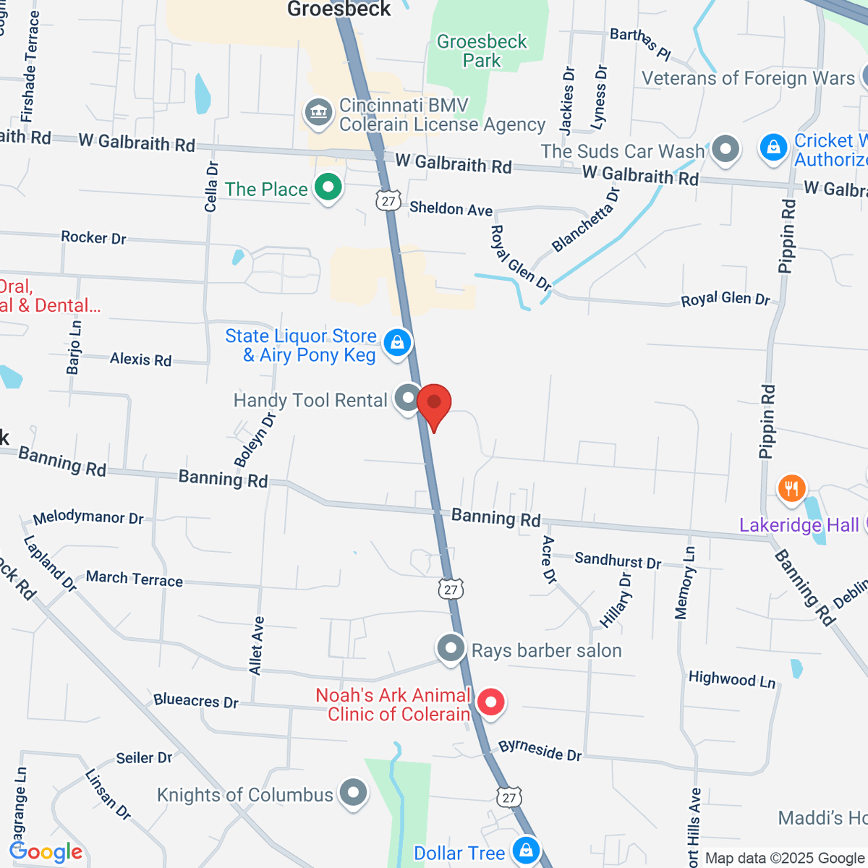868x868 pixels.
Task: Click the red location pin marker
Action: pyautogui.click(x=434, y=403)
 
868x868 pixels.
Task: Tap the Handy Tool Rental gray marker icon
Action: pyautogui.click(x=409, y=399)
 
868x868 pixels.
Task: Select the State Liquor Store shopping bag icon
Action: pyautogui.click(x=397, y=343)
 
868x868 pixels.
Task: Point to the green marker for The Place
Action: pyautogui.click(x=328, y=187)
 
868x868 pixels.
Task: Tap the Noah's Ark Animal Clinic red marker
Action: pyautogui.click(x=491, y=702)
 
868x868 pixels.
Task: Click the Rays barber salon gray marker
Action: pyautogui.click(x=451, y=648)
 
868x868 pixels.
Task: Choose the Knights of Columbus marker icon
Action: pyautogui.click(x=354, y=792)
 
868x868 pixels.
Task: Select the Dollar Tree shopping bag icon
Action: pyautogui.click(x=526, y=850)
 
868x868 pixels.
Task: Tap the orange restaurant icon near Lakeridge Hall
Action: pyautogui.click(x=792, y=488)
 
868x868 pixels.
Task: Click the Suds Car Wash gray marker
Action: pyautogui.click(x=726, y=149)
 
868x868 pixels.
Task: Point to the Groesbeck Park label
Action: pyautogui.click(x=482, y=51)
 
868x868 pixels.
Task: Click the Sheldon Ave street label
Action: pyautogui.click(x=451, y=209)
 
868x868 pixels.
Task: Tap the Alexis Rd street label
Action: pyautogui.click(x=140, y=359)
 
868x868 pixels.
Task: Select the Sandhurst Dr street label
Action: pyautogui.click(x=618, y=561)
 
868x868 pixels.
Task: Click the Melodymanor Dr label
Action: pyautogui.click(x=88, y=517)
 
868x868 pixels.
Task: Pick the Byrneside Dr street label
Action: pyautogui.click(x=540, y=750)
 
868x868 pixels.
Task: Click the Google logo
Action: pyautogui.click(x=46, y=852)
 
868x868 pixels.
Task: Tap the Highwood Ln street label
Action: pyautogui.click(x=731, y=679)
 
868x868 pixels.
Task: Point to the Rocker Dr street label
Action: pyautogui.click(x=93, y=237)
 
